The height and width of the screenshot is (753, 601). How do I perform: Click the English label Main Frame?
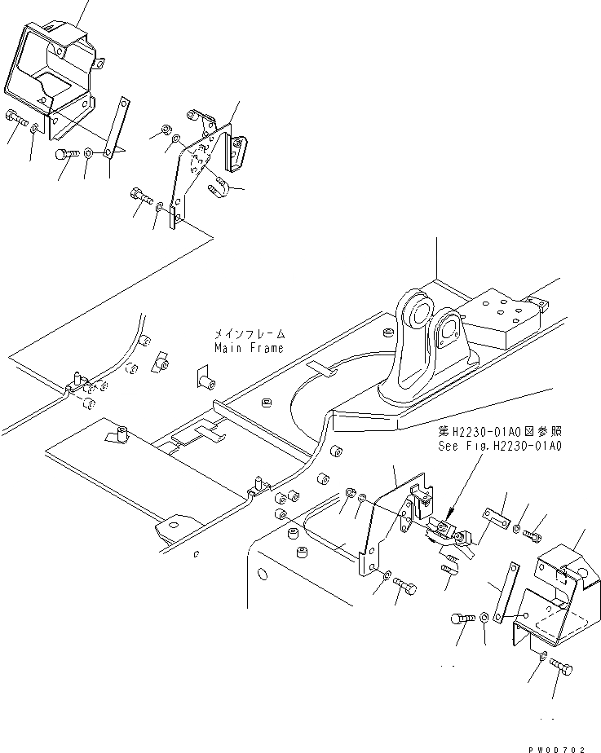point(249,348)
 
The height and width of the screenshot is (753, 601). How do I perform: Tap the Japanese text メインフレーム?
point(249,334)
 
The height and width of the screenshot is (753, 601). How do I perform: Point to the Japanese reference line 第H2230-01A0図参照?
point(499,432)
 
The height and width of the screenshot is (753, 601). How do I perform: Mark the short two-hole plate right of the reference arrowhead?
point(494,514)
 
